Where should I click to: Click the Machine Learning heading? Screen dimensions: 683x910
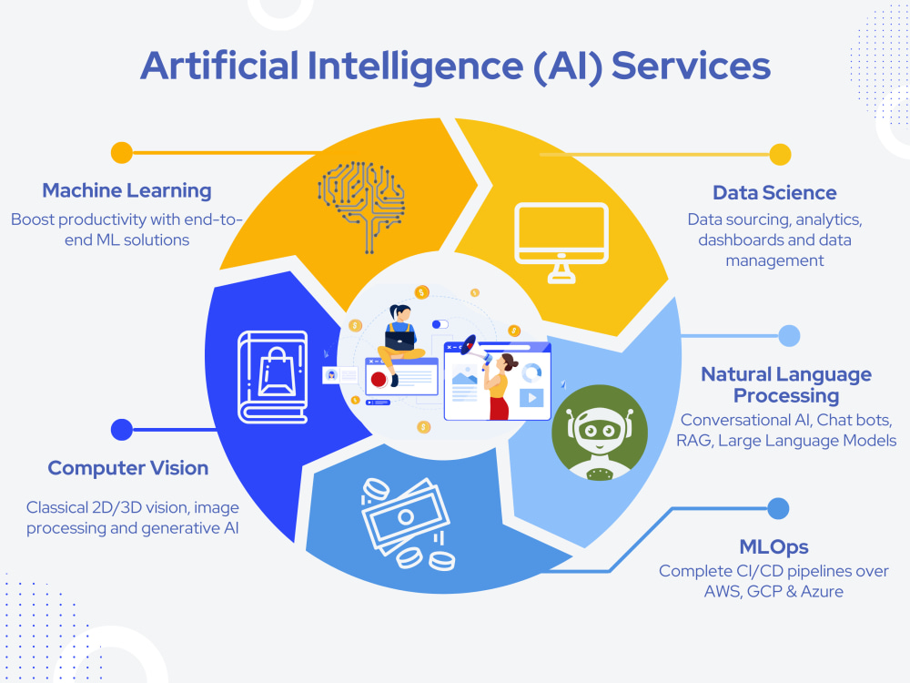tap(126, 191)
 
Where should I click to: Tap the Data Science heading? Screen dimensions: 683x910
tap(774, 193)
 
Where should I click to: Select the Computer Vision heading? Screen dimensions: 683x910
tap(128, 468)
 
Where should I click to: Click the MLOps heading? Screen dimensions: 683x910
tap(773, 547)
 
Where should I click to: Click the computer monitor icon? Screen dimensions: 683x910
tap(561, 240)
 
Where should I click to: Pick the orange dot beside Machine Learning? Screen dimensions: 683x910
tap(121, 152)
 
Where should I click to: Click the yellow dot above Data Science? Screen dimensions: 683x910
tap(780, 154)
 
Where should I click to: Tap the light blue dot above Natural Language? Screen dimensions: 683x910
tap(789, 336)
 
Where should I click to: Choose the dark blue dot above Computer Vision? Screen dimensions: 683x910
tap(121, 429)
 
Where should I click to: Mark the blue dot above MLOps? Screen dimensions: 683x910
tap(778, 508)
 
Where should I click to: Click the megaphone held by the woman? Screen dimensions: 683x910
tap(470, 346)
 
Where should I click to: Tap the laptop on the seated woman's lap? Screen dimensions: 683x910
tap(400, 339)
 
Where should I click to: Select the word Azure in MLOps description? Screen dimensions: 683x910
tap(821, 592)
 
